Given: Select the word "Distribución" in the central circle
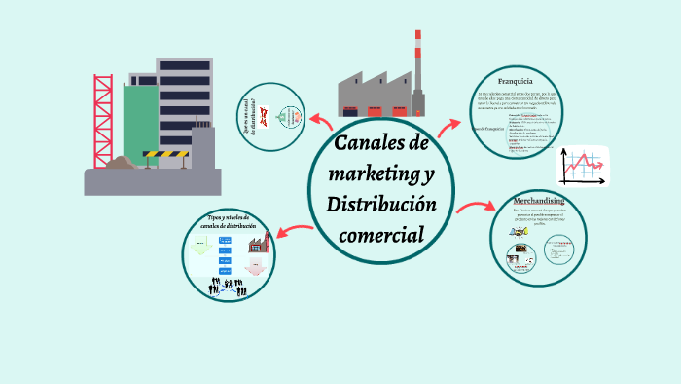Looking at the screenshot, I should [x=381, y=206].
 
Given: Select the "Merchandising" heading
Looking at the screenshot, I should [x=539, y=201].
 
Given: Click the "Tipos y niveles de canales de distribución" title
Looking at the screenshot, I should [x=230, y=223].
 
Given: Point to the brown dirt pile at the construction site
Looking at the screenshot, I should [x=122, y=163].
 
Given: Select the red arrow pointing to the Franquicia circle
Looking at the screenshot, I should [x=449, y=125].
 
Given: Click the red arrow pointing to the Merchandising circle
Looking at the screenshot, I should [x=477, y=208].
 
